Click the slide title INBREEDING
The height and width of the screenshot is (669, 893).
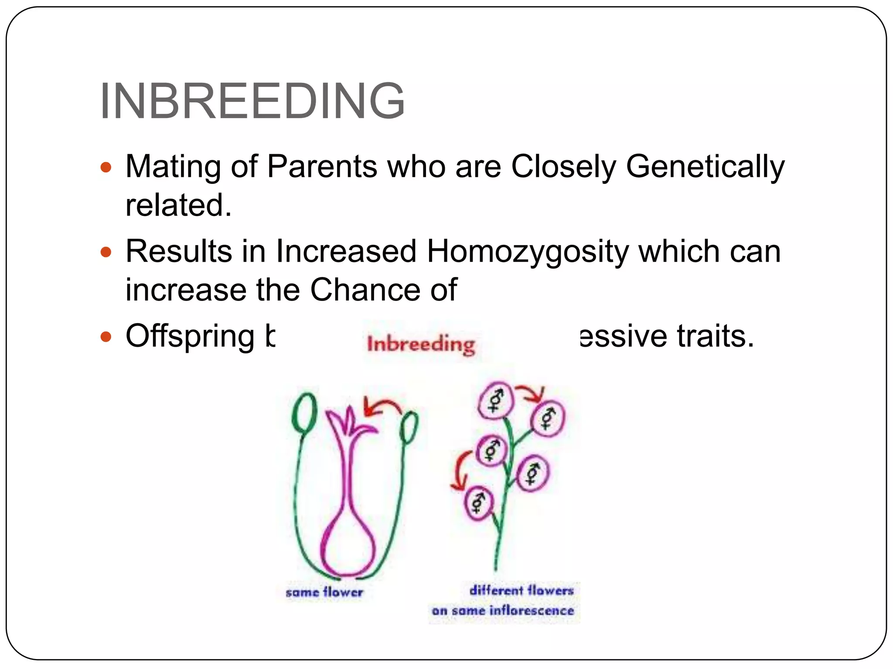coord(252,101)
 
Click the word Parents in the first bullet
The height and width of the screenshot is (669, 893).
coord(322,167)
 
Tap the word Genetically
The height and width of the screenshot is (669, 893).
coord(705,167)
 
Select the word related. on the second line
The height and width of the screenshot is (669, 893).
coord(178,205)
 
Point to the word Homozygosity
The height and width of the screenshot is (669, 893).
coord(527,252)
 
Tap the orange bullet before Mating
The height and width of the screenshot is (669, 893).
coord(106,167)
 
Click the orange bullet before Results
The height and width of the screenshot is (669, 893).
coord(106,252)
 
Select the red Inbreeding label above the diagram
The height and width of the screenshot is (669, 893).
coord(421,345)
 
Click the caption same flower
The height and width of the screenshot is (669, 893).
coord(324,592)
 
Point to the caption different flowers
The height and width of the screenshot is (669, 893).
coord(521,591)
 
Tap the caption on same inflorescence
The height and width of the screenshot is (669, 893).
coord(503,611)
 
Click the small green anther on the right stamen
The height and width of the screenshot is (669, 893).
coord(409,427)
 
